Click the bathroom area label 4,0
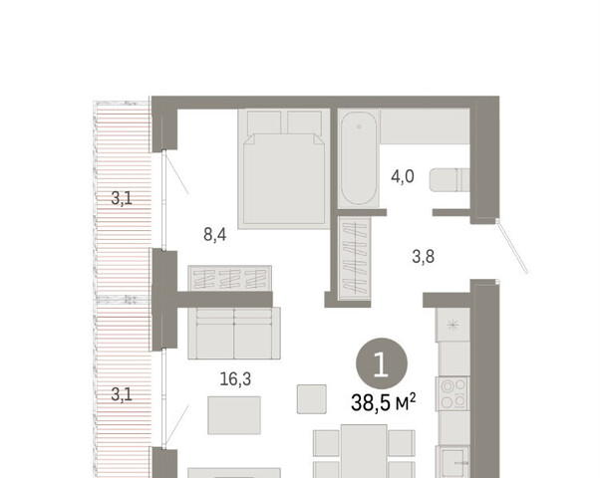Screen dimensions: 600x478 [403, 177]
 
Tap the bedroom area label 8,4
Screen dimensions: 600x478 [214, 234]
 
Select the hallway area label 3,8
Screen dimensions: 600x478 [424, 256]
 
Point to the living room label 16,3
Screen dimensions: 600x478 [235, 379]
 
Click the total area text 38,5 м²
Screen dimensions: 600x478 [383, 402]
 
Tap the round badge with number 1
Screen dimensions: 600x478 [382, 363]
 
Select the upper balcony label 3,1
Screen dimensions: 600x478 [122, 198]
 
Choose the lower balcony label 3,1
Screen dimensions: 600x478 [122, 394]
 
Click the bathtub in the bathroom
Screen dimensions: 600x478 [359, 158]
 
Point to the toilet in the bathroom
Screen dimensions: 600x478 [450, 179]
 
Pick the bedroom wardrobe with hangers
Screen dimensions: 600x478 [230, 279]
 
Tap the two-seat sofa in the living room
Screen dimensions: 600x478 [234, 333]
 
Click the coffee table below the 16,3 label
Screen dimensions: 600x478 [234, 415]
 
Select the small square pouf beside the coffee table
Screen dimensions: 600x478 [312, 399]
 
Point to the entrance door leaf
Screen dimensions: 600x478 [512, 247]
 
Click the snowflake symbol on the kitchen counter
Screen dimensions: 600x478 [453, 326]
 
